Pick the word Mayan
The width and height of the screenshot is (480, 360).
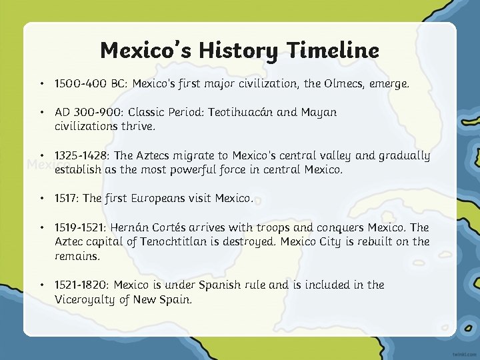(x=319, y=113)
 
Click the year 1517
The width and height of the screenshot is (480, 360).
(x=67, y=199)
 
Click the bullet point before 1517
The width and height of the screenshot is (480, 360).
(x=41, y=199)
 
